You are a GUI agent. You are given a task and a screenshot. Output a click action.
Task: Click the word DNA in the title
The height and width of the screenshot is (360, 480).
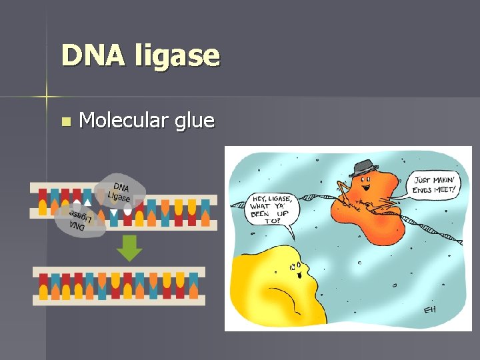[93, 55]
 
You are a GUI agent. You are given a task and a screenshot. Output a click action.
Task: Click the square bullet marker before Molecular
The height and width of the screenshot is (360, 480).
[65, 122]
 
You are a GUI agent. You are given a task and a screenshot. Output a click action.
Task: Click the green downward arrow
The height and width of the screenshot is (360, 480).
[129, 249]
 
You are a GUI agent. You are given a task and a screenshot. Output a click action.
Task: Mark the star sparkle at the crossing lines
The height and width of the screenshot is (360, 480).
[47, 97]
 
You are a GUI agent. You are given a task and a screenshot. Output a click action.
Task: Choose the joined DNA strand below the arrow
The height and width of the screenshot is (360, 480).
[119, 285]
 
